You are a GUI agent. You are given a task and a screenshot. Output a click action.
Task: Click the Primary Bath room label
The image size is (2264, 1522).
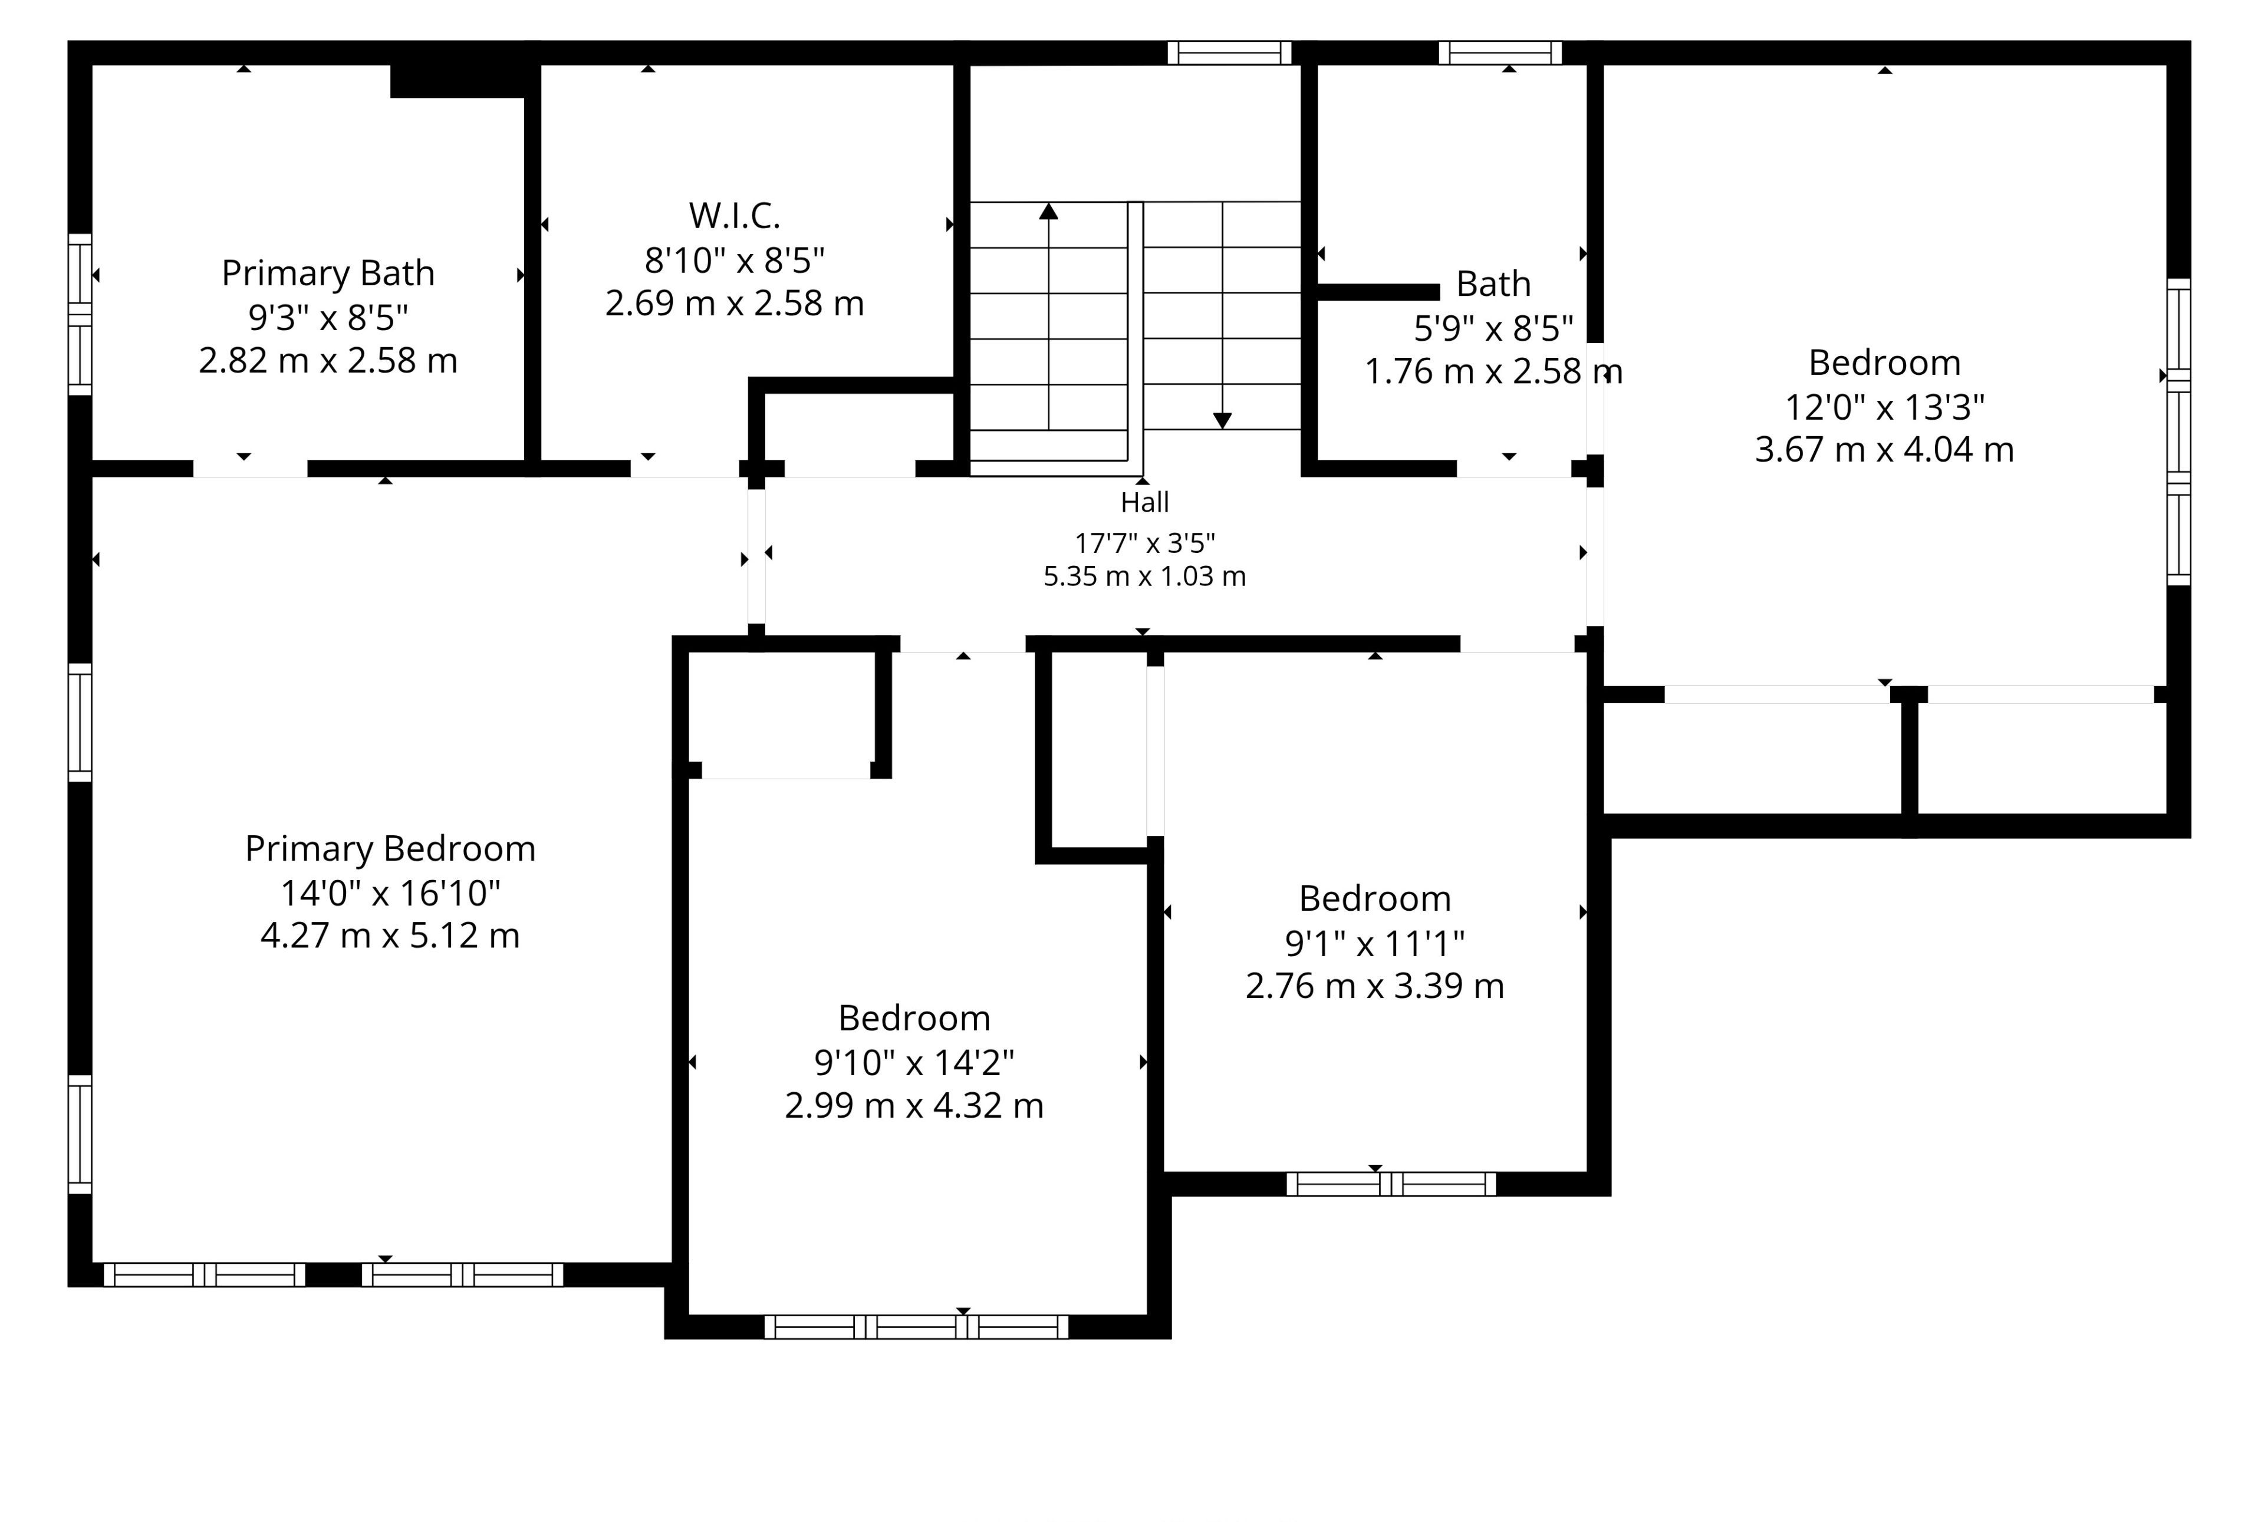(x=328, y=274)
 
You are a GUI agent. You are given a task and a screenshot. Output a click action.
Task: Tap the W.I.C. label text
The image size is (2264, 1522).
(x=735, y=216)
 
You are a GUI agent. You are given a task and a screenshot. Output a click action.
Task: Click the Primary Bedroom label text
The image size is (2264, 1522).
(x=390, y=849)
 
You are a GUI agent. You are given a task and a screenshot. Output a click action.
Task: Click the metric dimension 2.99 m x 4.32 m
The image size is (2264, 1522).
(x=914, y=1106)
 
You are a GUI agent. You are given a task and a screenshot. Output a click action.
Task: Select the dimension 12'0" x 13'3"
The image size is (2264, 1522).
(x=1884, y=407)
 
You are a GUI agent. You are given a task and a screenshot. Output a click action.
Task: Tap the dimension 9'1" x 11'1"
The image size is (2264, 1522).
(x=1375, y=943)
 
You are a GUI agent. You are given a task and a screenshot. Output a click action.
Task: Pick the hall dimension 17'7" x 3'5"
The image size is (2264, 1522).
(x=1144, y=542)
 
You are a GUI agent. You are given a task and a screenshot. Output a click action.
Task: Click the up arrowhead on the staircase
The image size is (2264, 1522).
(x=1048, y=210)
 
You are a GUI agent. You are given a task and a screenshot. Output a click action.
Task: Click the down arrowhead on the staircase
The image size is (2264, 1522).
(x=1222, y=420)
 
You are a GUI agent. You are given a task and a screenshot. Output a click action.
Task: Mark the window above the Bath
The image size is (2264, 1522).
(x=1500, y=52)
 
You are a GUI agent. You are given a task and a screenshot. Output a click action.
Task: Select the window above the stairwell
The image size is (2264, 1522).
(x=1229, y=52)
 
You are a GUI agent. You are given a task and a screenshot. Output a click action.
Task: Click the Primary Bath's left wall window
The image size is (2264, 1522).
(x=80, y=315)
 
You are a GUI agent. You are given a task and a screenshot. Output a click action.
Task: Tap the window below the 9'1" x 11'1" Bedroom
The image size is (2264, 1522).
(x=1391, y=1184)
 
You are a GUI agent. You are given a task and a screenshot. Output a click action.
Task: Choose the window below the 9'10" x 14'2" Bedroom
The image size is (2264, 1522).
(x=916, y=1327)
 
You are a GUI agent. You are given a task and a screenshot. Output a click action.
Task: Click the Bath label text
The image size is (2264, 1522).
(x=1493, y=284)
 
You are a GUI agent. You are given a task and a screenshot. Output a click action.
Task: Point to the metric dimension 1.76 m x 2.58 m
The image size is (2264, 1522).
(x=1493, y=371)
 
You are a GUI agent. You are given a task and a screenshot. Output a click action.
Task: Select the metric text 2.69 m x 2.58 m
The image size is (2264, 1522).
(x=735, y=303)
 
